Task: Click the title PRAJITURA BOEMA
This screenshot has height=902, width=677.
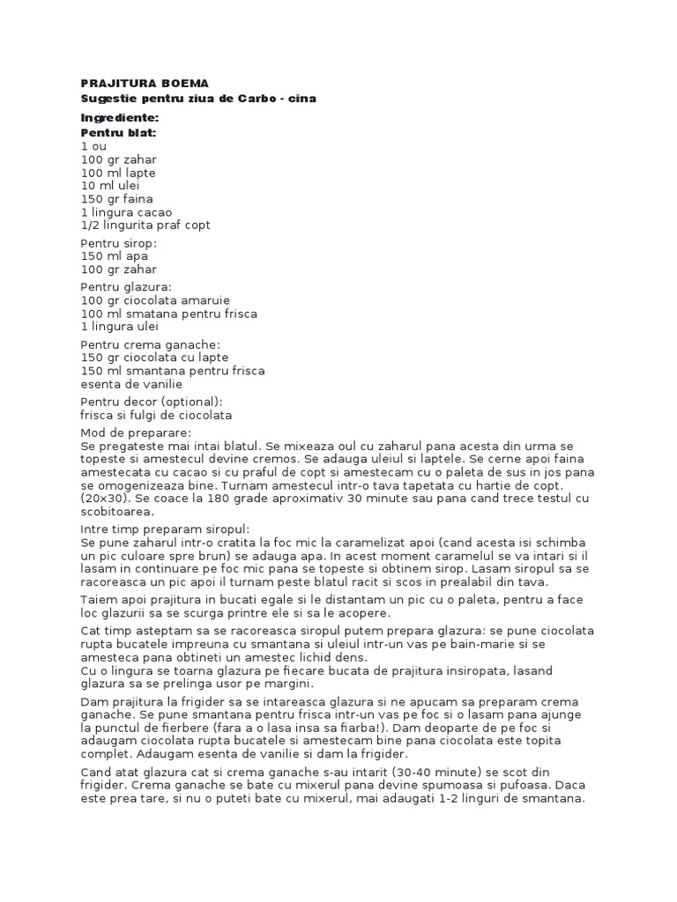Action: click(145, 83)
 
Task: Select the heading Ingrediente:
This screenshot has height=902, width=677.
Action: click(119, 117)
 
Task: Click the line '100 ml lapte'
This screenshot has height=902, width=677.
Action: click(118, 173)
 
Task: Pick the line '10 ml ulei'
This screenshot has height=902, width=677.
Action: click(110, 186)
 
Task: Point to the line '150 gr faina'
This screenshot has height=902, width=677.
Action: click(116, 199)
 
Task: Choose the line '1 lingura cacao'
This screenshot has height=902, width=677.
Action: click(126, 212)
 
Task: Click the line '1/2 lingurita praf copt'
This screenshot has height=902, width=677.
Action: click(145, 225)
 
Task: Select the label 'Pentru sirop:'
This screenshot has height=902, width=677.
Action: click(118, 243)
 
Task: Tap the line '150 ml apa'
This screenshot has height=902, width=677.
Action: click(114, 256)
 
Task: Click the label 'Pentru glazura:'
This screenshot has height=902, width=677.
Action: click(126, 287)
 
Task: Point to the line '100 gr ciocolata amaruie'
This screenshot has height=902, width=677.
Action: click(154, 300)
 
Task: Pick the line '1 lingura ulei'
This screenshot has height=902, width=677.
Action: click(120, 327)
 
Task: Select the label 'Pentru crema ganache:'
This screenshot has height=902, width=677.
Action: click(151, 344)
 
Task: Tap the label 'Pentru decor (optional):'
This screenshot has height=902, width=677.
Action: click(152, 402)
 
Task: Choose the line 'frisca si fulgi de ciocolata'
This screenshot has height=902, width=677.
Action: click(156, 415)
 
